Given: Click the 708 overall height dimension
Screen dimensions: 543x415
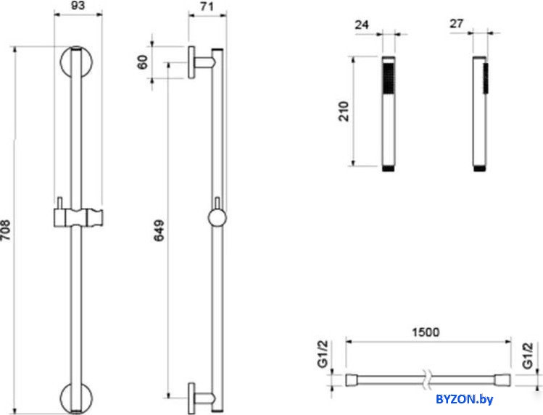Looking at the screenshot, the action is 5,230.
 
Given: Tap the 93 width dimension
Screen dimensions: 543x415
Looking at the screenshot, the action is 78,6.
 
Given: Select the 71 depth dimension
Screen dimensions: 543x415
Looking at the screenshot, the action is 207,7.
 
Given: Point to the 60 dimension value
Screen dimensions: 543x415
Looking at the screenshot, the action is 142,62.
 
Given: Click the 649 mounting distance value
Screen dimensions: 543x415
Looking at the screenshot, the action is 159,230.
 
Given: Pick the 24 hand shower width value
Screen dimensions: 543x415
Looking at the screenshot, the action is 362,25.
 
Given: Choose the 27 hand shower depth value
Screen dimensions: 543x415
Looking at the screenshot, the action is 457,23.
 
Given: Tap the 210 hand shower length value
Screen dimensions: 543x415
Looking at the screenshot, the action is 344,111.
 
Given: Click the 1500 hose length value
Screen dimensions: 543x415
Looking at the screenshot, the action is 426,332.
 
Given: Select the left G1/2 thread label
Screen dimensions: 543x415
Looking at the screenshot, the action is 323,353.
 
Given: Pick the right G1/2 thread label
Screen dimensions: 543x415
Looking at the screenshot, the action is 528,356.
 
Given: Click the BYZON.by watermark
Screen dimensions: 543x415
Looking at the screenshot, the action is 465,400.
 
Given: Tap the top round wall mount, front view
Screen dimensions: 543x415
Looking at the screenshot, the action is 77,62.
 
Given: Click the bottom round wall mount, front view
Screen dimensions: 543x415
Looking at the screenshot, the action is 77,397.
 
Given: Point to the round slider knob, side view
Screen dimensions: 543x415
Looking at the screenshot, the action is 217,218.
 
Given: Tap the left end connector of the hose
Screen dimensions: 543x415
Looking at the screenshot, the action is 352,380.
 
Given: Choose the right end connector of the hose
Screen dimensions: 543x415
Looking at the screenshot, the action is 502,380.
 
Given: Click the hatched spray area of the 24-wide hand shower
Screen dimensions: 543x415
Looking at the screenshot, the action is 388,78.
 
